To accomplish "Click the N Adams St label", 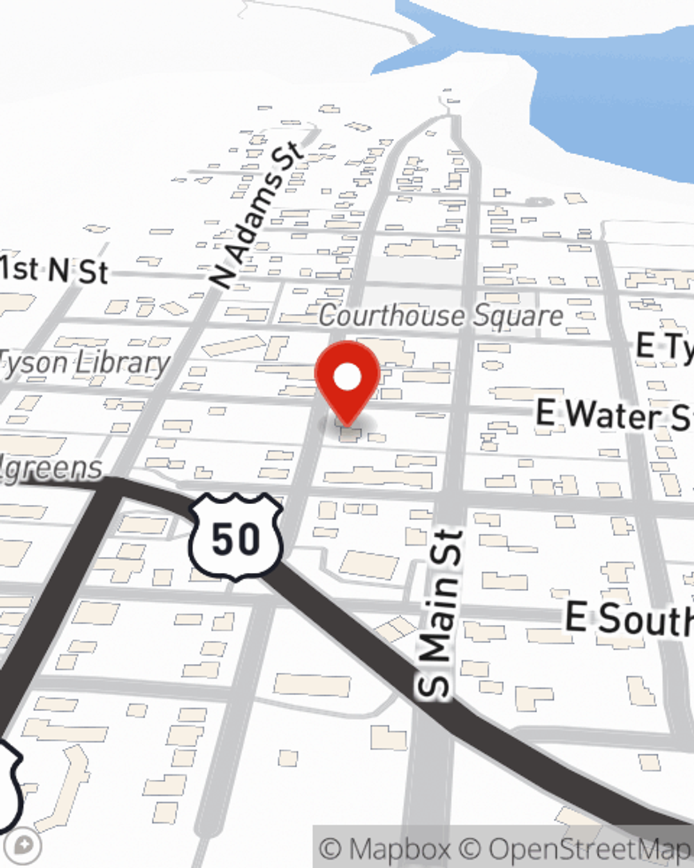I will pos(257,215).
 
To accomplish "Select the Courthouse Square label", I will pos(441,316).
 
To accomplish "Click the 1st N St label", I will pos(53,269).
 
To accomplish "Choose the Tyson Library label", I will pos(83,362).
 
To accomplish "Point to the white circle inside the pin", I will pos(348,378).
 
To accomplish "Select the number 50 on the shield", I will pos(236,539).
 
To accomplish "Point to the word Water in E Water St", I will pos(611,415).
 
